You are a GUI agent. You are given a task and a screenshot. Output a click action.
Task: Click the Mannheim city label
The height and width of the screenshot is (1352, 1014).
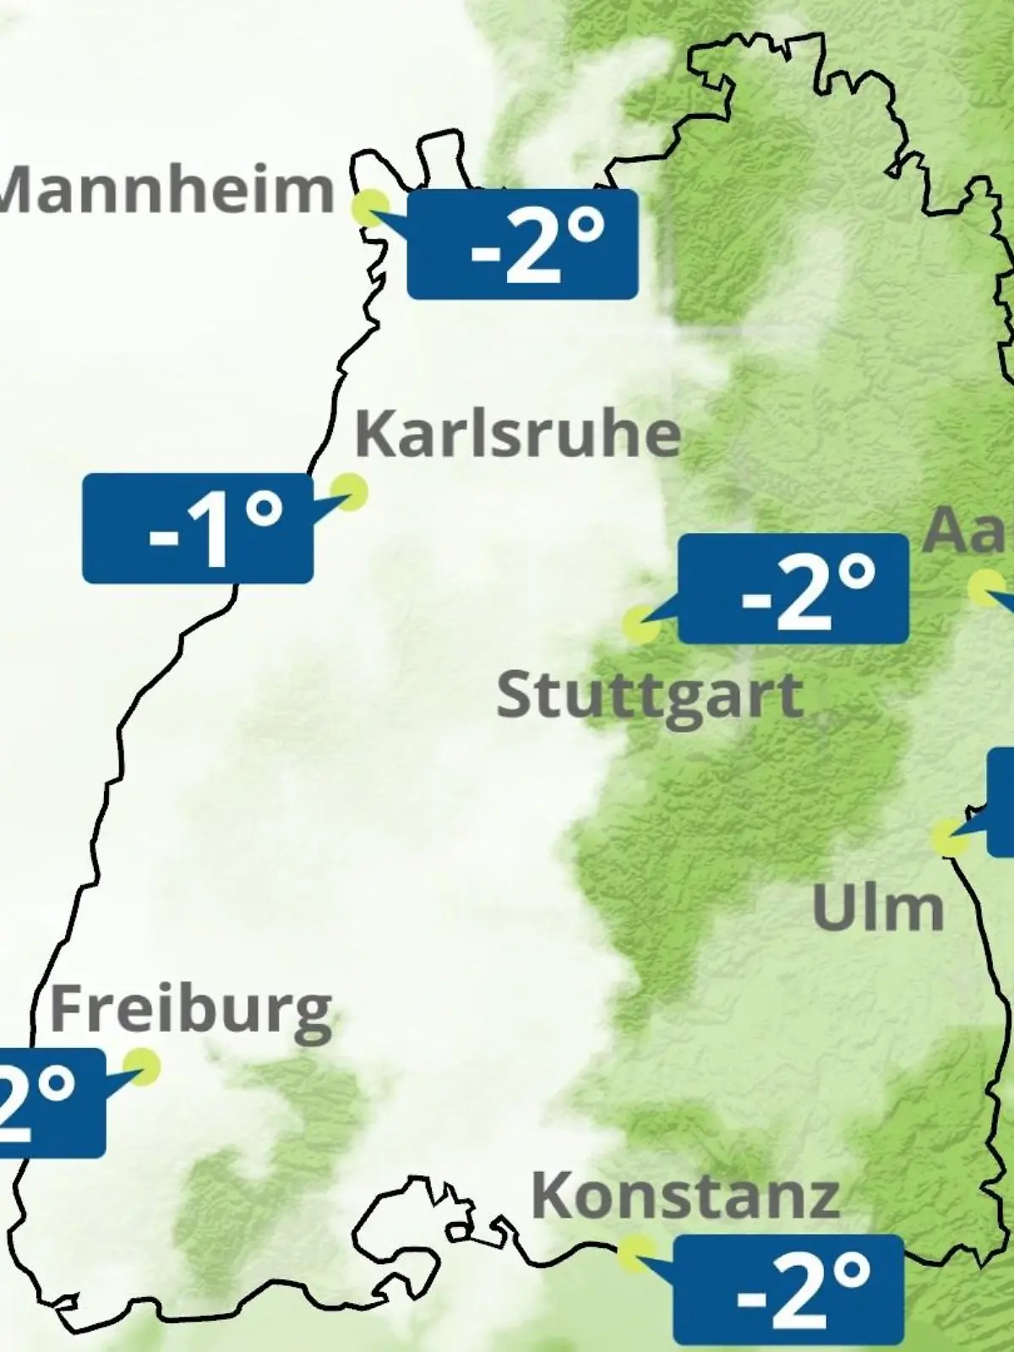point(167,191)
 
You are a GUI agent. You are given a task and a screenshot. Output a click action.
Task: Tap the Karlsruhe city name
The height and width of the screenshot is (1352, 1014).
point(517,434)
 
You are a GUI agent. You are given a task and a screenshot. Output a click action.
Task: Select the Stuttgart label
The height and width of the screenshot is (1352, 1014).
point(649,696)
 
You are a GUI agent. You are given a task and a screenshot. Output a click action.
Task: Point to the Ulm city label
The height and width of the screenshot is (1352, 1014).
point(877,908)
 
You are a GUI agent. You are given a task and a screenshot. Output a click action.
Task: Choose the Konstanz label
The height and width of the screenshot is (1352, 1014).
point(685,1197)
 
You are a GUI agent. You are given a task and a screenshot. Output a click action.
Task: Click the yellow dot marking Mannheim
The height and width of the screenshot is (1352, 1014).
point(371,205)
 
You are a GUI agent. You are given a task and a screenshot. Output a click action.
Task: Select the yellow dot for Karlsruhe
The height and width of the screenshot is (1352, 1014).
point(348,490)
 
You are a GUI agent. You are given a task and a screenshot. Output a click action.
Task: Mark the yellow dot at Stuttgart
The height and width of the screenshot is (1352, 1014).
point(641,624)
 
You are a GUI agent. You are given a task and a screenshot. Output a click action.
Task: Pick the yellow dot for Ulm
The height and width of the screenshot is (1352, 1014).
point(949,837)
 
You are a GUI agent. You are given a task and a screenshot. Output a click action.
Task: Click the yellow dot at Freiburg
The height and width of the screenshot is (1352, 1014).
point(141,1066)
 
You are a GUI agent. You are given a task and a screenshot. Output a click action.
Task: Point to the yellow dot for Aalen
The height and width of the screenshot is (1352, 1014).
point(985,587)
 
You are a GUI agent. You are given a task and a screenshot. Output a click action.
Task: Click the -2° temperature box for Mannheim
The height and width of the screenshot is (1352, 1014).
point(522,244)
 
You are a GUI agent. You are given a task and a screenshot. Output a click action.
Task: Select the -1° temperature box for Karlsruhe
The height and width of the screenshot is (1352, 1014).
point(198,529)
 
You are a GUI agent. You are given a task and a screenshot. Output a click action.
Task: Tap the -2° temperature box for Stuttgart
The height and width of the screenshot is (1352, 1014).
point(793,589)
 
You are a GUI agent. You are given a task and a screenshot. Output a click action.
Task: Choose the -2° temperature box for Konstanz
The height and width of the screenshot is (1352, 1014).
point(788,1289)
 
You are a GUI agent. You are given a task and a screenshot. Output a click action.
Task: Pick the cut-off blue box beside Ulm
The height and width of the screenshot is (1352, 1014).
point(1001,802)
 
